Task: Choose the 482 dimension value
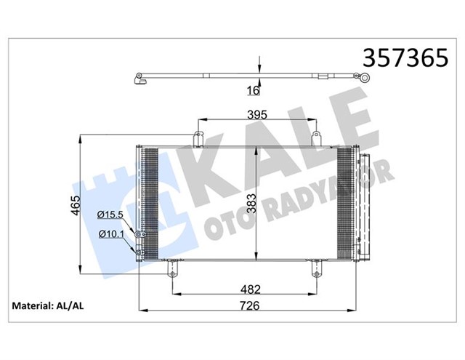pyautogui.click(x=251, y=290)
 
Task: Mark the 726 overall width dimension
pyautogui.click(x=251, y=307)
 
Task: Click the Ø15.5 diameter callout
pyautogui.click(x=111, y=215)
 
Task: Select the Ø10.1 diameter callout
pyautogui.click(x=111, y=234)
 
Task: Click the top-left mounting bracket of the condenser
pyautogui.click(x=197, y=138)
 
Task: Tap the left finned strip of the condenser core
pyautogui.click(x=150, y=200)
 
